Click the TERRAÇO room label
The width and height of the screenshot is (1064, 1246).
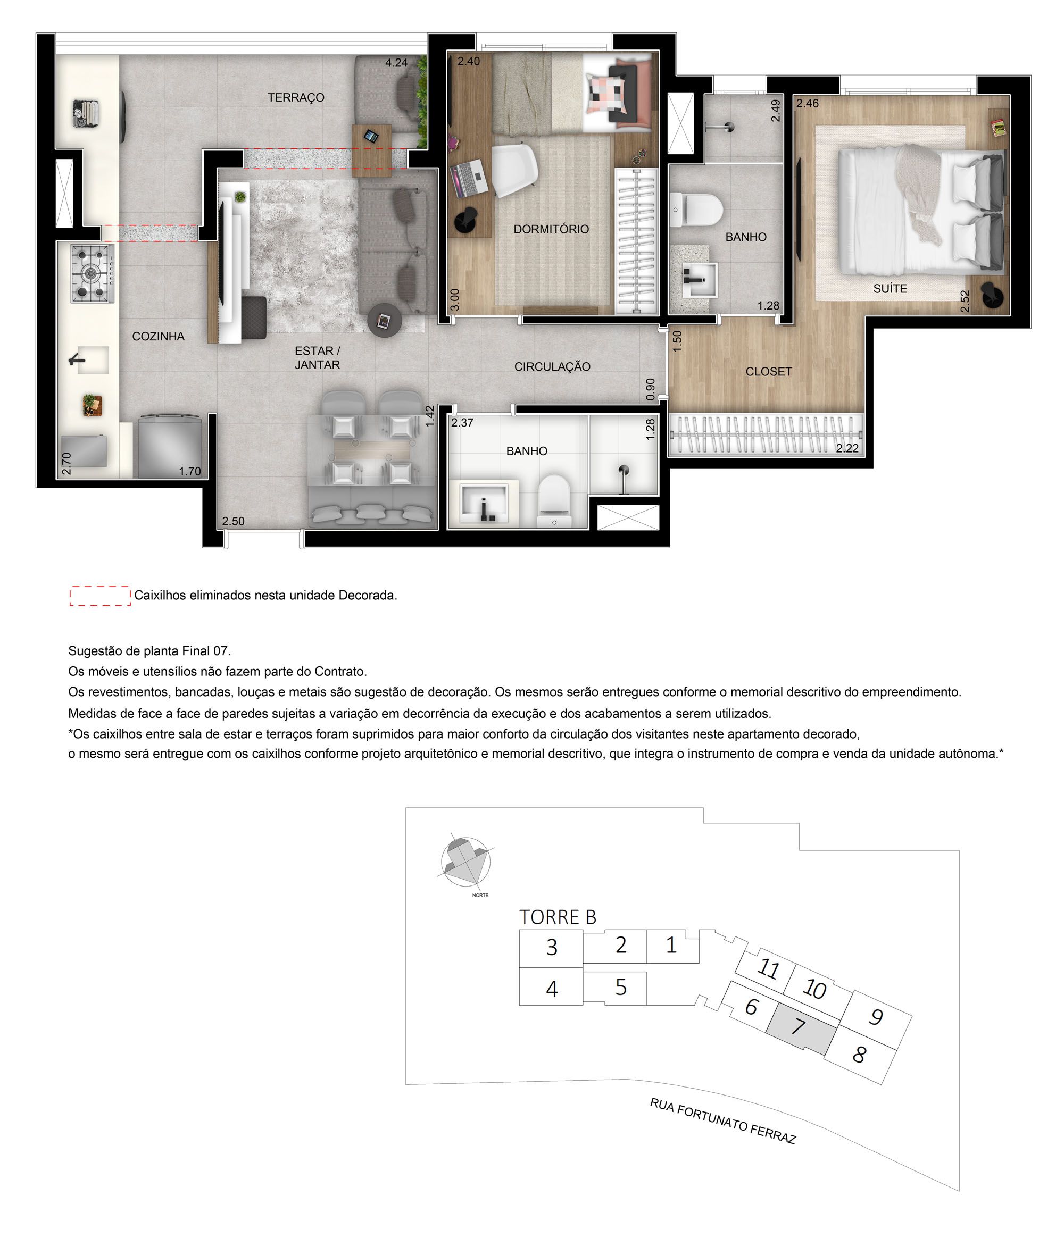coord(296,97)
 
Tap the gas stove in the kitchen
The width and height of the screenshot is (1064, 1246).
coord(92,274)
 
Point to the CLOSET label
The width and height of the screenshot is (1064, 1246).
coord(768,372)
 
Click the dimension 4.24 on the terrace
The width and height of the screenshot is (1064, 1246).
coord(396,63)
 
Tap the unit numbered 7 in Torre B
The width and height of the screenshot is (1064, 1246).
coord(798,1026)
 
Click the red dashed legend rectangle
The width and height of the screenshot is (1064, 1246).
coord(100,595)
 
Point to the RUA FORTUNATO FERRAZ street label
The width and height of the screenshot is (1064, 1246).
coord(722,1121)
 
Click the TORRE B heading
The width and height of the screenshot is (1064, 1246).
coord(557,917)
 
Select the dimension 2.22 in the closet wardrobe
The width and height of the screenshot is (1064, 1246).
coord(847,448)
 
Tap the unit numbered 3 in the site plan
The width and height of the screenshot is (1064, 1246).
coord(551,948)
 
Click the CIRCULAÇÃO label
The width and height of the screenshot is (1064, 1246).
coord(552,367)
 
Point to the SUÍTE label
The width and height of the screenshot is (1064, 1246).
coord(890,289)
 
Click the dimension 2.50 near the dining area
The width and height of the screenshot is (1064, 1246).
coord(233,521)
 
